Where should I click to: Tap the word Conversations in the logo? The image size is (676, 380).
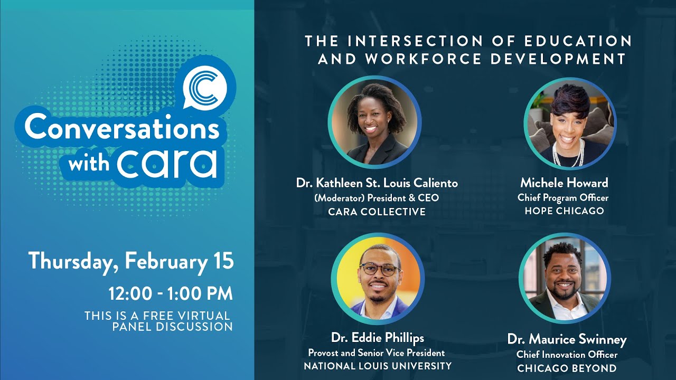[121, 127]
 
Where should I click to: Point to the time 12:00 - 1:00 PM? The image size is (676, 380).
[170, 293]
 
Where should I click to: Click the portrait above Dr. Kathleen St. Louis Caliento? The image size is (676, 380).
[374, 122]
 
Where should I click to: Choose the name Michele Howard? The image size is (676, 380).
[564, 183]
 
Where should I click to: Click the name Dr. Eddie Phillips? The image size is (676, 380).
[378, 338]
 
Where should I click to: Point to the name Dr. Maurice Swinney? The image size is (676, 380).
[567, 339]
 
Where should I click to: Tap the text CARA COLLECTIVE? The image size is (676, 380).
[377, 212]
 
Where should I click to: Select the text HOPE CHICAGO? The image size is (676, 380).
[564, 211]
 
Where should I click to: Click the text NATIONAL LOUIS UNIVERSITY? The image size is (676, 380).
[378, 366]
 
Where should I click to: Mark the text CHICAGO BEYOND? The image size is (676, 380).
[567, 368]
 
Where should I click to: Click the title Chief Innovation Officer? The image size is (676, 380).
[567, 355]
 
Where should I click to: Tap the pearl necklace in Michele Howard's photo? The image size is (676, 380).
[568, 155]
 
